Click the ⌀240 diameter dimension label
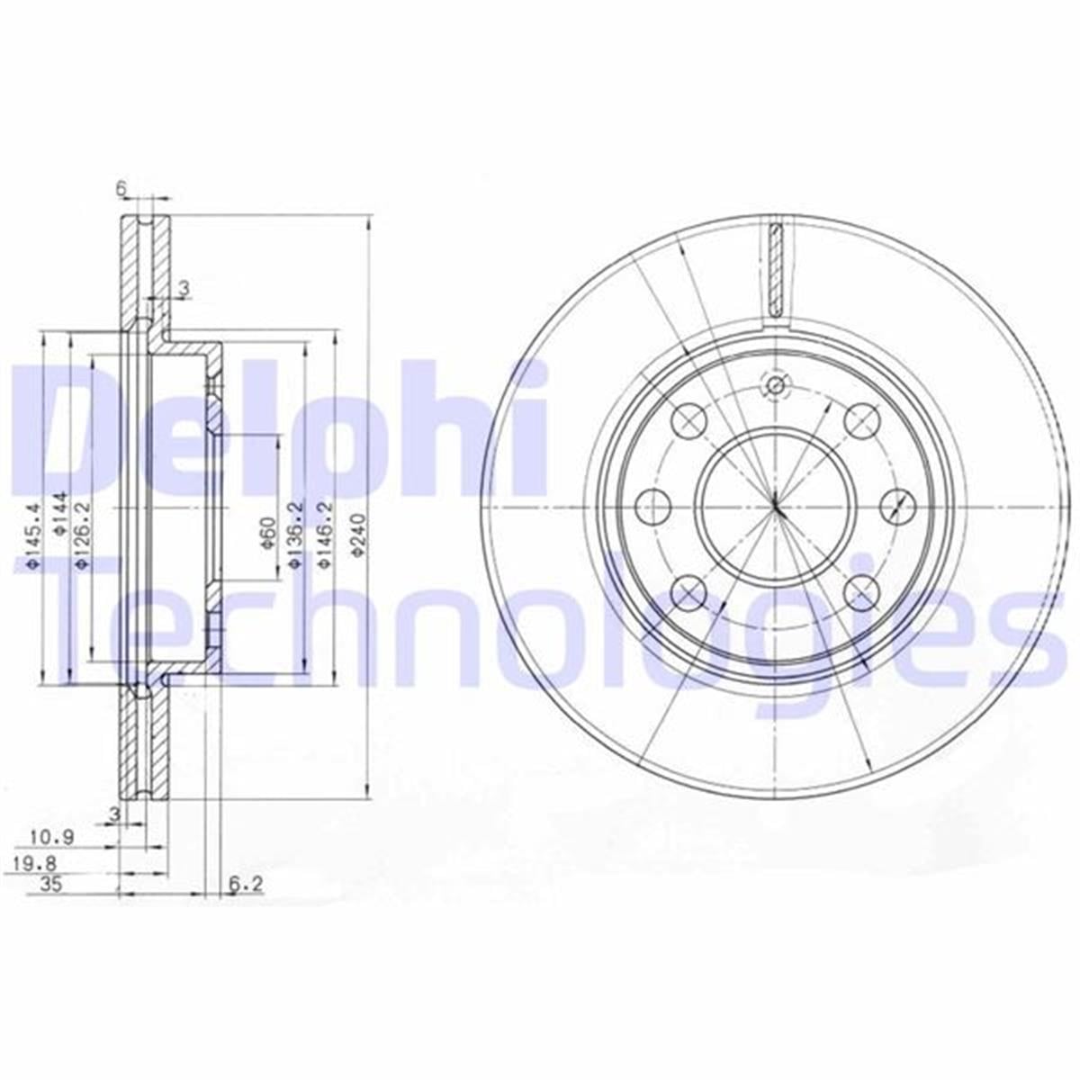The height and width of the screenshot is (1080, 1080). (357, 537)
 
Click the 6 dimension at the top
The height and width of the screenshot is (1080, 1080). (120, 188)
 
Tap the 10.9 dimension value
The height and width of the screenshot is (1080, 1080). (51, 837)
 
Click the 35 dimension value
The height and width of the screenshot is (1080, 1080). (49, 886)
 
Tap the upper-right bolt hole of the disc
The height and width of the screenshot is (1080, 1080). (861, 419)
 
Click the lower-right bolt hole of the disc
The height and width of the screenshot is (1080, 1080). (861, 591)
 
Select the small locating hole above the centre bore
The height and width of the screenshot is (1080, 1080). (775, 387)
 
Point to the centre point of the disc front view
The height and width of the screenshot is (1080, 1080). (775, 506)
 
